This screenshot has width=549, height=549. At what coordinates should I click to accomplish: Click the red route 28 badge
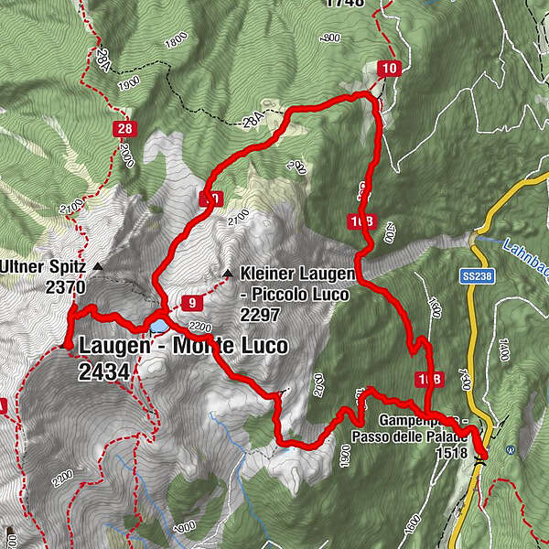(124, 129)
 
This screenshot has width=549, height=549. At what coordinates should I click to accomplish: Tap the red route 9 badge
(190, 303)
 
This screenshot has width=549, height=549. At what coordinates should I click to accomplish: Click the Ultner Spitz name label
(44, 267)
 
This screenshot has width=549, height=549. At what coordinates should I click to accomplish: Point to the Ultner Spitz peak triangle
(97, 266)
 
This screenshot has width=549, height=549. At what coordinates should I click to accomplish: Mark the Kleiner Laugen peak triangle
(227, 272)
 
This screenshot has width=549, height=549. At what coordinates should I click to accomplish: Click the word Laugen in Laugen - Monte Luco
(113, 347)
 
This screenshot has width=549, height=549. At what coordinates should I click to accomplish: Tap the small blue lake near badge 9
(159, 326)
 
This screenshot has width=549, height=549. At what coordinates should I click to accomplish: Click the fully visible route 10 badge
(390, 68)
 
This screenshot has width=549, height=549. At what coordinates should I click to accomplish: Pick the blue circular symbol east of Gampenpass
(511, 449)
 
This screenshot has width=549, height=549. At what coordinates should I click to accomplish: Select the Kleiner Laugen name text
(285, 272)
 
